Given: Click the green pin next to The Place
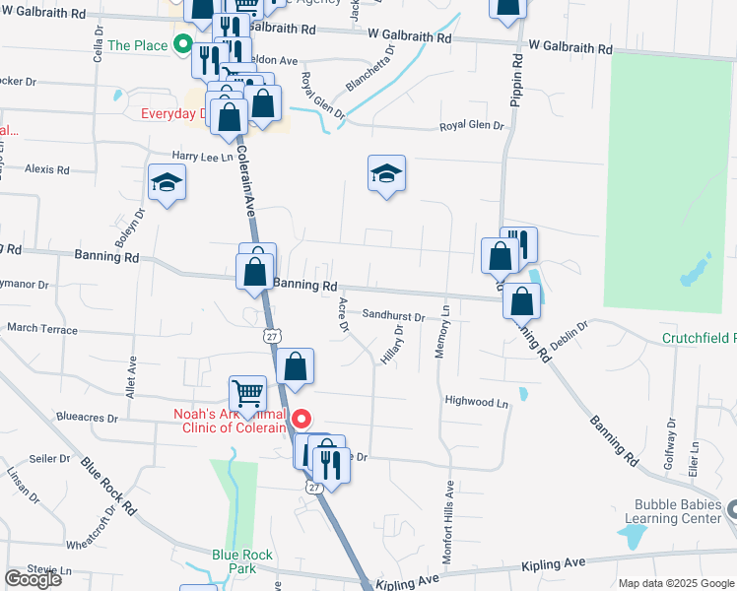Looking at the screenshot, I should coord(182,44).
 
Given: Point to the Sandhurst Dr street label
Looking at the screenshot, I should coord(393,317).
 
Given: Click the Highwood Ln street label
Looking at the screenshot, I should coord(477,402).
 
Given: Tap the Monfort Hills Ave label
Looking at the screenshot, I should coord(447,522).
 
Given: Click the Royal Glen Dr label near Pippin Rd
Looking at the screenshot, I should coord(471,126).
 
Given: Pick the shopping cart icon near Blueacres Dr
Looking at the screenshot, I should coord(247,394).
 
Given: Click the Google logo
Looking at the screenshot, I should coord(33,579).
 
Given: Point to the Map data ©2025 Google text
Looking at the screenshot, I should coord(676,583).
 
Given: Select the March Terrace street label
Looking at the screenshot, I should coord(41,329).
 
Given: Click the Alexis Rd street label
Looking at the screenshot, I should coord(47,169).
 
